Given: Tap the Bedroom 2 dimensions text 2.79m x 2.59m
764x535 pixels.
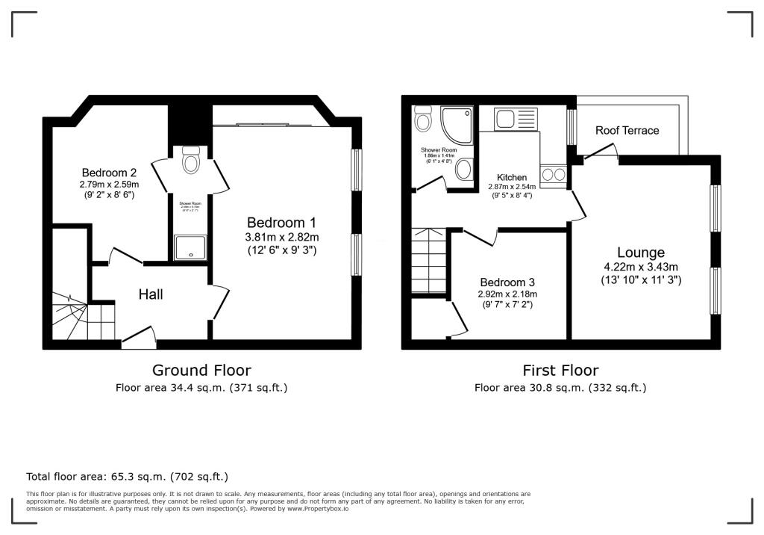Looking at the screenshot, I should (x=110, y=183).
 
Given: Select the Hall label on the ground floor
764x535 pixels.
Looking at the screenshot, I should (x=151, y=294).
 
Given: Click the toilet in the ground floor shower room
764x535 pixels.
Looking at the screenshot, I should (x=191, y=161).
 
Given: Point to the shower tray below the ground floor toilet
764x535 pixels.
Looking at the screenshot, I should (x=191, y=248).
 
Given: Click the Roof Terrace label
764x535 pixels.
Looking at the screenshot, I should (x=627, y=130).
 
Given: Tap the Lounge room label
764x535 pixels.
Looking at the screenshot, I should (x=640, y=253).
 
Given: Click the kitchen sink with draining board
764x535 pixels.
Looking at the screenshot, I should (x=516, y=120).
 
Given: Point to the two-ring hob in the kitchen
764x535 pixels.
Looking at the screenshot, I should (x=554, y=175).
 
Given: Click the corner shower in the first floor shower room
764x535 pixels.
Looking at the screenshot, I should (x=457, y=123).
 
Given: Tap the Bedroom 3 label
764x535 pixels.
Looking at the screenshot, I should (x=507, y=282).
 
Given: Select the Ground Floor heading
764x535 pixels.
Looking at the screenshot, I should (x=201, y=370).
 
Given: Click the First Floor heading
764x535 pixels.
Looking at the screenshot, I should (x=560, y=370).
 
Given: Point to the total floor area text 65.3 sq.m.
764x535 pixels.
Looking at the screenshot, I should (x=127, y=476).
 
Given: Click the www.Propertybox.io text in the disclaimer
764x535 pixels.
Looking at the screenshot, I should (x=317, y=508).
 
